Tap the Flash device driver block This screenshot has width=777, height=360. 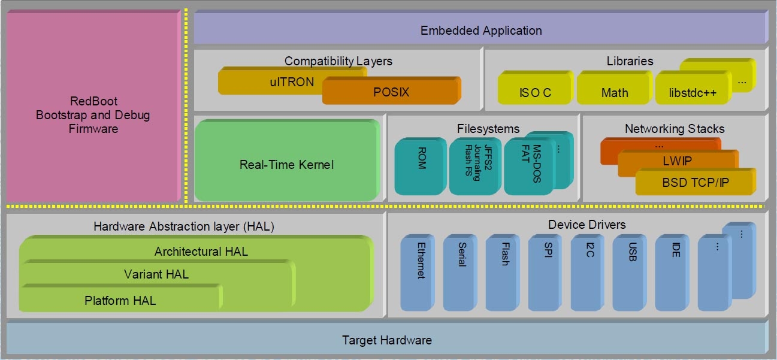(x=503, y=273)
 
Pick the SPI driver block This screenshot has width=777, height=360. (x=546, y=273)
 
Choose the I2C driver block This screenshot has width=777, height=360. (x=588, y=273)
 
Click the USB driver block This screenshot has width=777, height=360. (x=630, y=273)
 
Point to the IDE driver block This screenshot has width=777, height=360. (x=672, y=273)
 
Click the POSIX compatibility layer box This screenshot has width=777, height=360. (x=391, y=92)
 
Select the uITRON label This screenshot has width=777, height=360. (x=292, y=82)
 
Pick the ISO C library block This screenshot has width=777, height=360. (x=534, y=92)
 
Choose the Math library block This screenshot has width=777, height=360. (x=614, y=92)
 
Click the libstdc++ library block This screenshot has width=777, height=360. (x=693, y=92)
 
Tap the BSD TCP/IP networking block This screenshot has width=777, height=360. (x=695, y=182)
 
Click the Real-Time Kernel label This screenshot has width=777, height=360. (x=286, y=165)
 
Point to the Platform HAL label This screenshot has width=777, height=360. (x=120, y=301)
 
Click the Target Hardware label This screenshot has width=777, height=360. (x=386, y=340)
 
